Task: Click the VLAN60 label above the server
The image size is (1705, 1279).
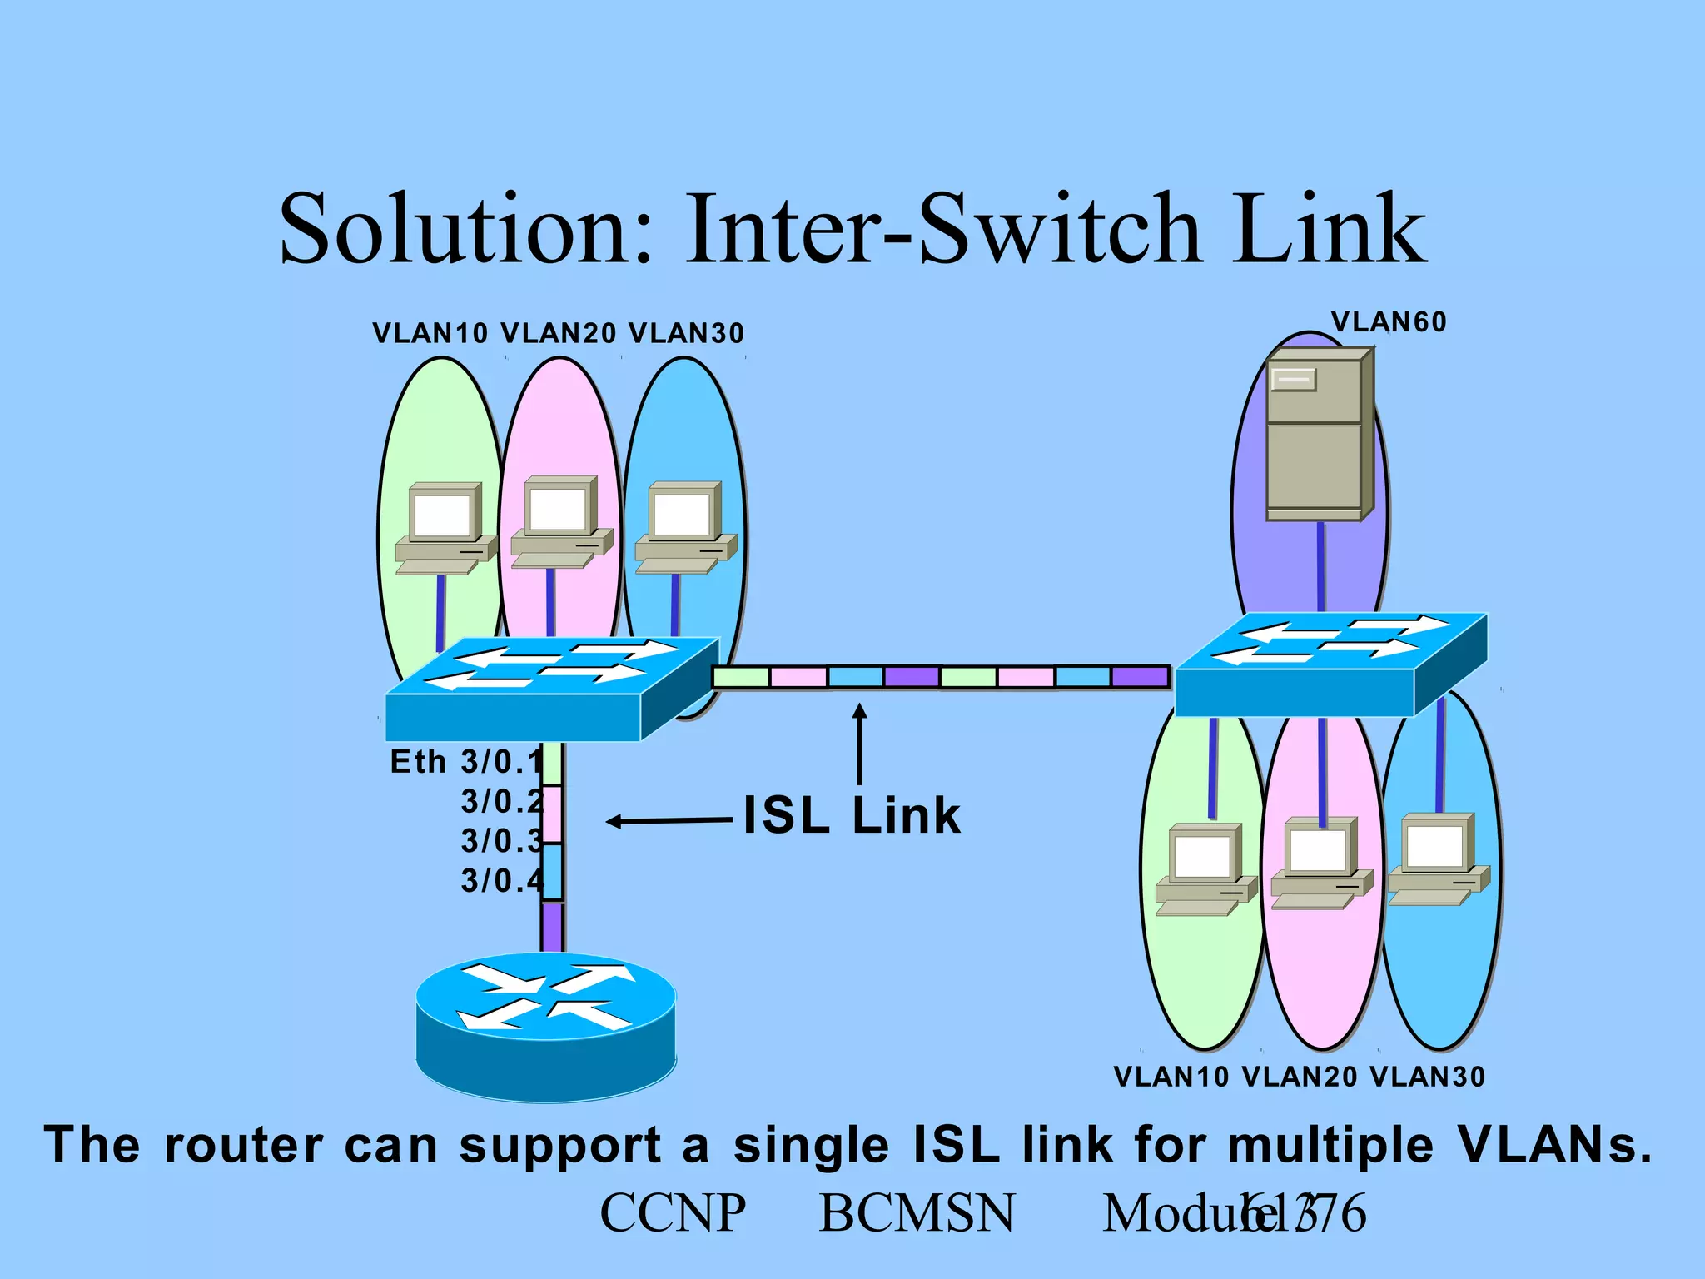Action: [x=1388, y=322]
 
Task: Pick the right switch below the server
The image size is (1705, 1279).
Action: [x=1330, y=665]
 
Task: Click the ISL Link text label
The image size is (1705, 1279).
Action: [x=851, y=815]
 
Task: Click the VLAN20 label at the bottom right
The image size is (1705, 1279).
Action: [x=1299, y=1077]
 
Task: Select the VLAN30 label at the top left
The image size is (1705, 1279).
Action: [x=686, y=333]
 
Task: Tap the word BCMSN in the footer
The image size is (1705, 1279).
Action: [x=917, y=1212]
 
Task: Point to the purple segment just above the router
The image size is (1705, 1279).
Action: [x=552, y=926]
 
